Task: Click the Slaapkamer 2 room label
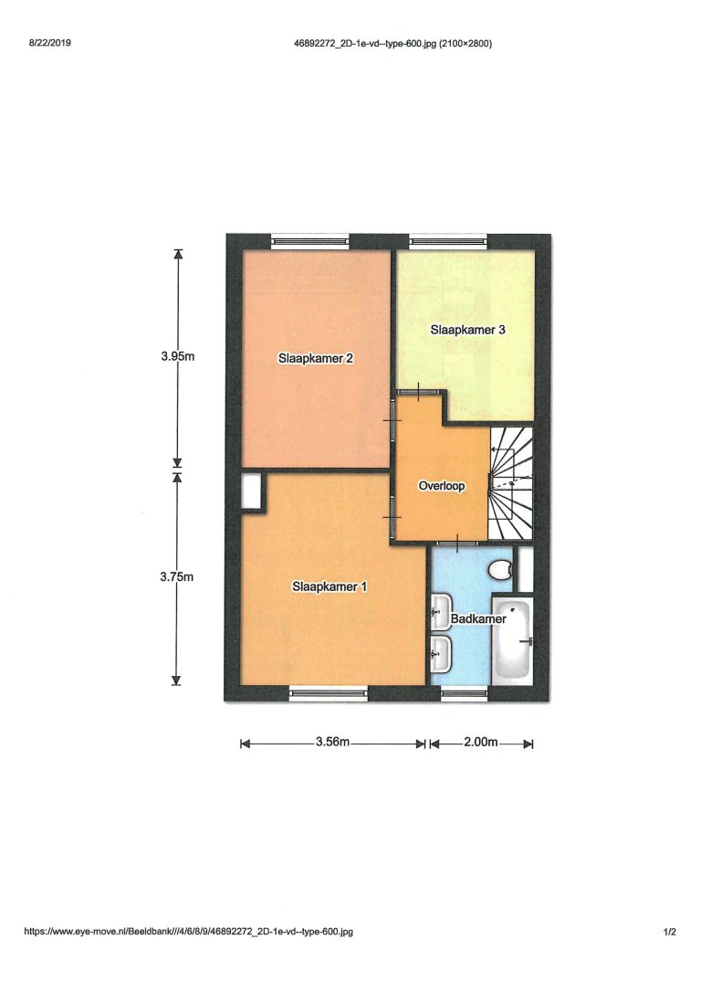tap(316, 359)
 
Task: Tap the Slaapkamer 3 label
tap(467, 330)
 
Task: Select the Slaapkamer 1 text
tap(330, 586)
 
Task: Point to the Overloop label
tap(442, 486)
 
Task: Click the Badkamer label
tap(478, 618)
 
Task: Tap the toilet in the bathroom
tap(500, 569)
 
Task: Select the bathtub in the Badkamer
tap(513, 640)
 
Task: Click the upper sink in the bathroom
tap(441, 612)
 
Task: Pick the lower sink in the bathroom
tap(441, 653)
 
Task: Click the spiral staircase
tap(511, 483)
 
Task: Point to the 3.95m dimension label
tap(178, 356)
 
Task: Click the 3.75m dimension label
tap(177, 577)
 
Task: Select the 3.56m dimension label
tap(332, 742)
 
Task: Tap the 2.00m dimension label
tap(481, 742)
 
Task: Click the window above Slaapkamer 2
tap(309, 241)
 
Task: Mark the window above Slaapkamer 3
tap(448, 241)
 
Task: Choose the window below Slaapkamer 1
tap(328, 693)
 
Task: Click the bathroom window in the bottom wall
tap(465, 693)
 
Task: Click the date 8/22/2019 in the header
tap(50, 43)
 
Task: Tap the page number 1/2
tap(669, 932)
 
